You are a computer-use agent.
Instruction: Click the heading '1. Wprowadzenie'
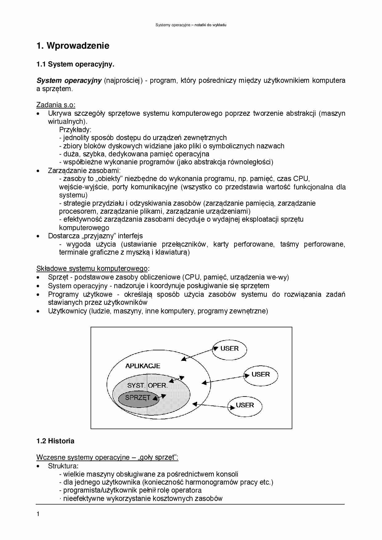coord(73,46)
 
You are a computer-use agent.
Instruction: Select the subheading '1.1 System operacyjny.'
coord(75,64)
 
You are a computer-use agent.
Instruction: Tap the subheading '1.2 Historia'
coord(55,441)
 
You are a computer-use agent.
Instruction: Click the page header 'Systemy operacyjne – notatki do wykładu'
coord(191,25)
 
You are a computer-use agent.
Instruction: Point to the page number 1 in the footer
coord(38,514)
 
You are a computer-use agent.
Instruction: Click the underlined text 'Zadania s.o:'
coord(56,105)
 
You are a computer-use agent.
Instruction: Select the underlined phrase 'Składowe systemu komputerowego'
coord(92,268)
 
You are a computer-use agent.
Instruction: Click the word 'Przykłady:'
coord(75,130)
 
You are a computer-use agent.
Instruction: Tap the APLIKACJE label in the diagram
coord(143,366)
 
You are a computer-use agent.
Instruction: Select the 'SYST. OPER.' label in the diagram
coord(147,385)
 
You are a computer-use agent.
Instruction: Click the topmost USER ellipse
coord(230,349)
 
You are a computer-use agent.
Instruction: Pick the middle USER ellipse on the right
coord(261,375)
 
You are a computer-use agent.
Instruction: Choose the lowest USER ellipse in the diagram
coord(245,405)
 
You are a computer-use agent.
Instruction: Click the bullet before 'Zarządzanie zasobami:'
coord(38,171)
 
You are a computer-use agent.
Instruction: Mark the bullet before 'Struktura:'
coord(38,466)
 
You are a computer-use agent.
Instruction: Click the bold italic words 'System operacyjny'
coord(69,81)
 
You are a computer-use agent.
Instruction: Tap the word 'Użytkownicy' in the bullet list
coord(67,311)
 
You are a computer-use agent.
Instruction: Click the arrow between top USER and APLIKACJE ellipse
coord(198,354)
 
